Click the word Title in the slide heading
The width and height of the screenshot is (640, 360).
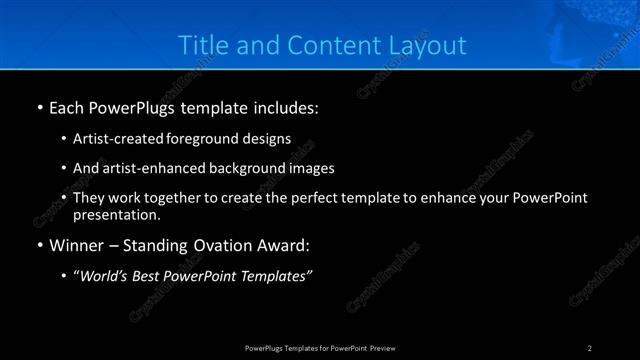(200, 45)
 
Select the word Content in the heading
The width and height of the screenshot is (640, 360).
(325, 45)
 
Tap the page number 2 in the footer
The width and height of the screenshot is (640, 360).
(590, 347)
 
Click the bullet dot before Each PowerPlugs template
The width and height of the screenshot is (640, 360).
(38, 105)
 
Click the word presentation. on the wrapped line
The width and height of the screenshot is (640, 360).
(116, 214)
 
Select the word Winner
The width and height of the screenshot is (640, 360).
(77, 244)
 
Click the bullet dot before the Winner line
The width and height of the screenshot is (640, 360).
(38, 244)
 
